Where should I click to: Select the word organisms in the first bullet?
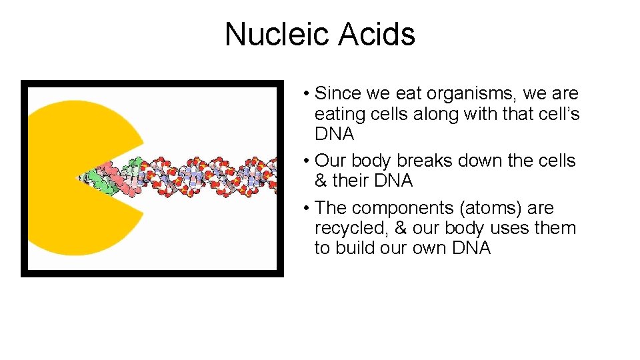pos(468,94)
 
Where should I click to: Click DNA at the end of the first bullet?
pos(334,134)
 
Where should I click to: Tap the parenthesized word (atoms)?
pos(487,208)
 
